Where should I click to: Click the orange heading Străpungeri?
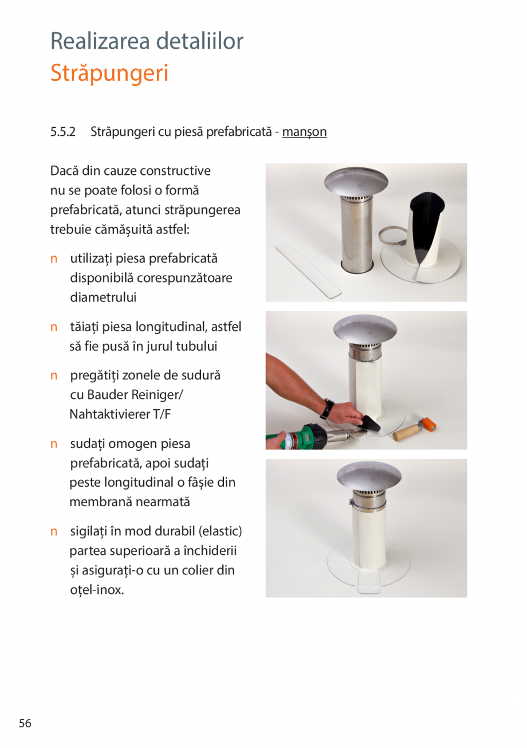click(109, 73)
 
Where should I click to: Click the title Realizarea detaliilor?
click(147, 41)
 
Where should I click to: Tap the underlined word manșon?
click(304, 132)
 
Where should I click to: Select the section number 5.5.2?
click(62, 132)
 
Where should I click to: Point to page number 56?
click(25, 723)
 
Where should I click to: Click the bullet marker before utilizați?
click(54, 259)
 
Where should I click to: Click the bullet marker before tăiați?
click(54, 327)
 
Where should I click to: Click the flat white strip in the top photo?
click(309, 269)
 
